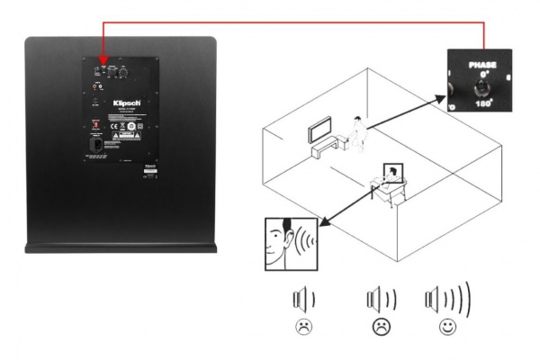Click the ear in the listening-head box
(286, 238)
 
